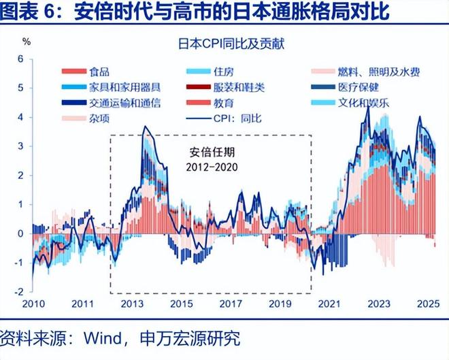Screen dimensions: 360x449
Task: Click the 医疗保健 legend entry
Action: tap(359, 87)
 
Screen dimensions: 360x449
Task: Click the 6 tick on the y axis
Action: tap(21, 59)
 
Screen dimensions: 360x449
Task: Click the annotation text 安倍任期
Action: tap(211, 152)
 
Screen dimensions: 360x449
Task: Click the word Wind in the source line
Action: tap(102, 338)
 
